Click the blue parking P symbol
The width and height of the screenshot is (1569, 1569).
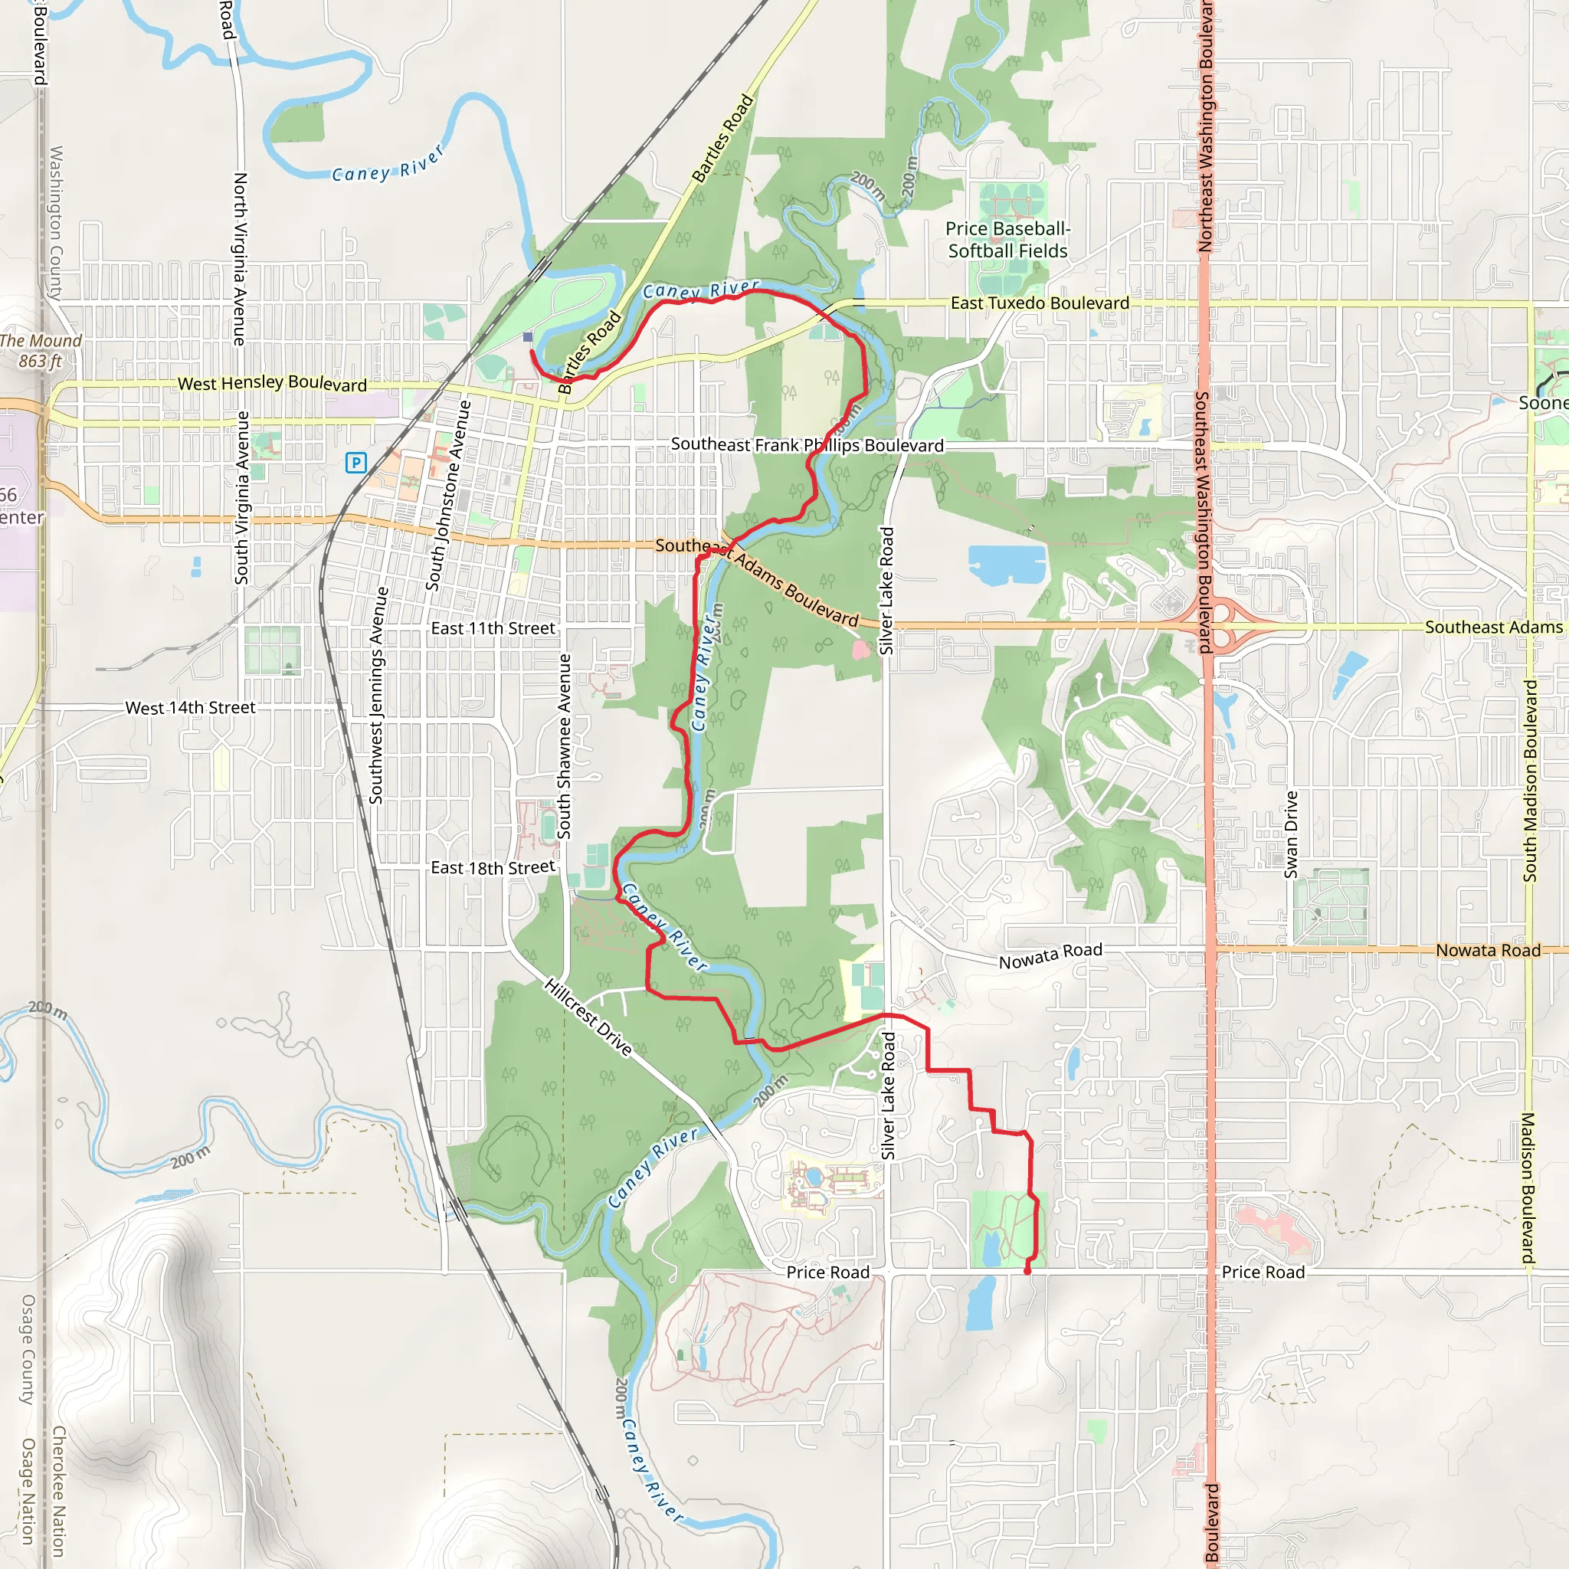[x=355, y=463]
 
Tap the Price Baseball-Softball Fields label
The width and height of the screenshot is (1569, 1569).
[x=1008, y=241]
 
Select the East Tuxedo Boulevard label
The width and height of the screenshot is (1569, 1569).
[x=1040, y=303]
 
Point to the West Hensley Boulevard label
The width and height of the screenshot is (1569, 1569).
[x=272, y=383]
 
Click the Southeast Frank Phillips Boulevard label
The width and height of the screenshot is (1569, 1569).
[x=807, y=445]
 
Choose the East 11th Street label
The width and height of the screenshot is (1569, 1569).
[x=493, y=628]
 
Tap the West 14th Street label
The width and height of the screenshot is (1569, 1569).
[x=190, y=708]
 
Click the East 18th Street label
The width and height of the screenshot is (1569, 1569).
[x=493, y=868]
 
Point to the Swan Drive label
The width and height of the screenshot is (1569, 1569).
[x=1291, y=834]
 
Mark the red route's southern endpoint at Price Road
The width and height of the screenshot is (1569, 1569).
[x=1027, y=1271]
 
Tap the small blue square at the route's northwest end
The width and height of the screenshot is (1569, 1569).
[x=528, y=336]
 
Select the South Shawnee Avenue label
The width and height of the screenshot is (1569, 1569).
[x=565, y=745]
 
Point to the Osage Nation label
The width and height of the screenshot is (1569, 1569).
[x=28, y=1491]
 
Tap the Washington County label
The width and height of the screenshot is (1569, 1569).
[x=56, y=224]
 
